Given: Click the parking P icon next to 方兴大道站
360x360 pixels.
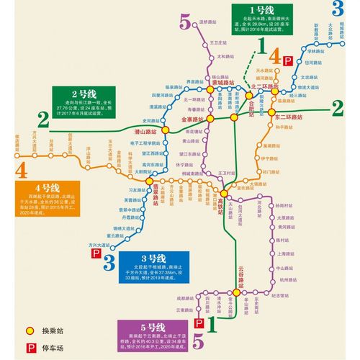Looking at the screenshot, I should click(x=96, y=253).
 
